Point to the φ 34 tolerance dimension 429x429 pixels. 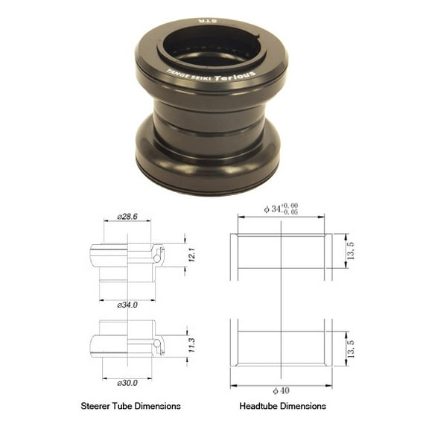click(282, 209)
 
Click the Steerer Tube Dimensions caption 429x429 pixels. click(130, 407)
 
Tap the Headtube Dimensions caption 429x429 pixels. click(283, 407)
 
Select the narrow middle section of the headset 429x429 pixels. click(208, 119)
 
